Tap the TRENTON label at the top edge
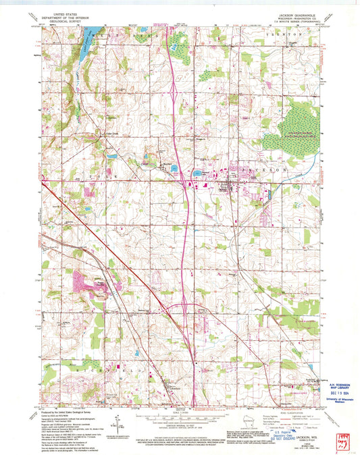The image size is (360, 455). point(284,32)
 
